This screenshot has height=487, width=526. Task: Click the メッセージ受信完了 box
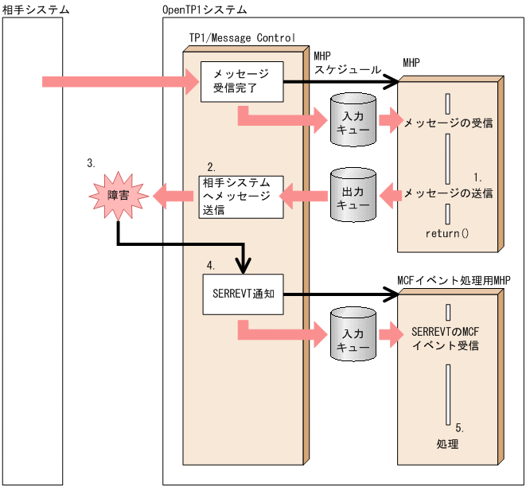point(241,81)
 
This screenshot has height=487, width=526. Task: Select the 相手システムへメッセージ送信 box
point(241,197)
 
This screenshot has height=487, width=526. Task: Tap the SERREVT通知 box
point(241,294)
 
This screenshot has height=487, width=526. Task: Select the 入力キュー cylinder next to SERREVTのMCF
point(353,333)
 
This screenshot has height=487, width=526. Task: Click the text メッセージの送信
point(448,193)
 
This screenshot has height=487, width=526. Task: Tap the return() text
point(448,233)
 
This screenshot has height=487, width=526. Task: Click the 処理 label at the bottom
point(448,443)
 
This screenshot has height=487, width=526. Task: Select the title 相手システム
point(36,10)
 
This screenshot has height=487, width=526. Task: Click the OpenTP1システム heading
point(205,10)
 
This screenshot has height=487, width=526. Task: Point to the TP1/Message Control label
point(242,37)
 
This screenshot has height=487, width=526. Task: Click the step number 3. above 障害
point(92,162)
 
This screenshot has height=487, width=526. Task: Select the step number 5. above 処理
point(460,427)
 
